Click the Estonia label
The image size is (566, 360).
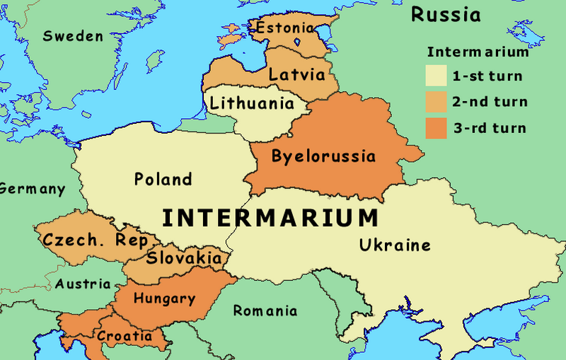click(x=284, y=28)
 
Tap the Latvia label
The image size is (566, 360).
click(x=297, y=74)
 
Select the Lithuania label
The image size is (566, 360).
click(x=252, y=103)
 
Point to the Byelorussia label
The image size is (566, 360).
click(x=323, y=156)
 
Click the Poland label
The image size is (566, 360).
click(x=163, y=179)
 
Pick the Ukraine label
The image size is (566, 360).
click(x=395, y=245)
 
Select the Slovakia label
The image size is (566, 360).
click(x=183, y=257)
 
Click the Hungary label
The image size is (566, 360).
click(x=164, y=298)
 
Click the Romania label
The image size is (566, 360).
click(x=265, y=310)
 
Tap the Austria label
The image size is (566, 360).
click(x=83, y=284)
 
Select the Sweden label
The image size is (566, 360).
click(x=73, y=36)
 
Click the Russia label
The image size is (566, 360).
click(x=446, y=14)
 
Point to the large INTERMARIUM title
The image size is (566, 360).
click(x=270, y=217)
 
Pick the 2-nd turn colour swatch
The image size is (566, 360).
click(x=436, y=102)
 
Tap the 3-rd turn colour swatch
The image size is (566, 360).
click(x=436, y=128)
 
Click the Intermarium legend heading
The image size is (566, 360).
click(x=478, y=52)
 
